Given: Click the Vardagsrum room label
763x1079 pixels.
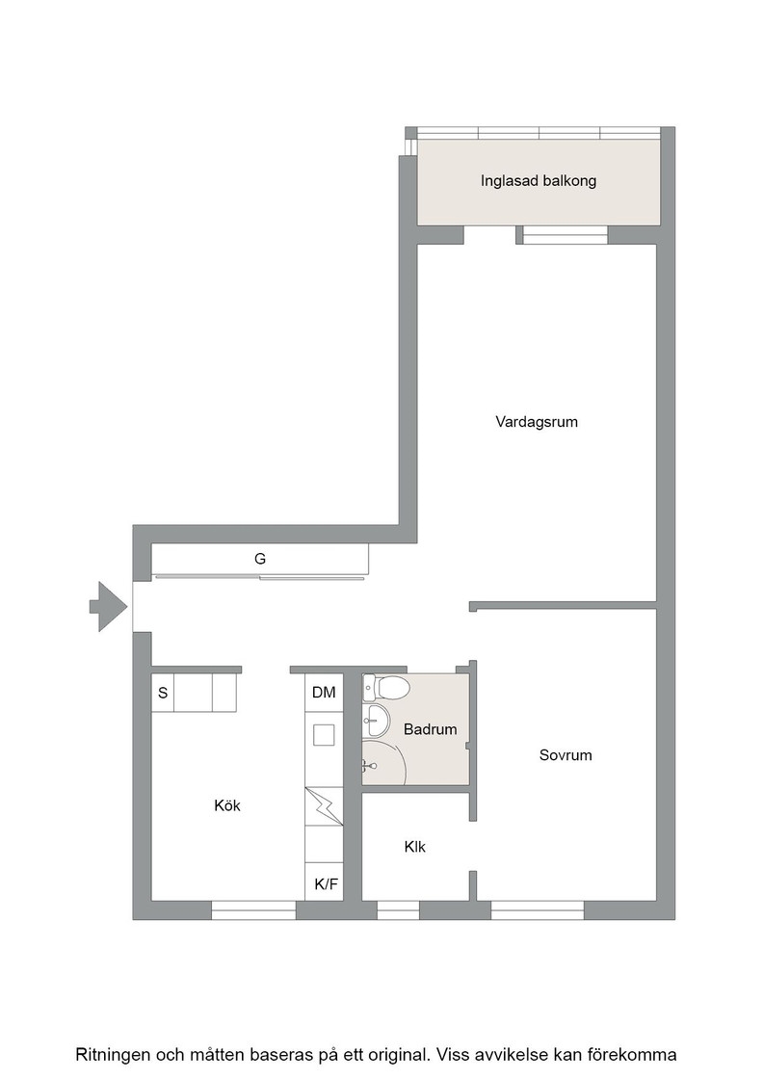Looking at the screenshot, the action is tap(537, 422).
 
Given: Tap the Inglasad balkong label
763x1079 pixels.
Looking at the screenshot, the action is tap(538, 181).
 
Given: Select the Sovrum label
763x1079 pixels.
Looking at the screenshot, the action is tap(566, 755).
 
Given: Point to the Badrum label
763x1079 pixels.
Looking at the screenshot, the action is tap(430, 729).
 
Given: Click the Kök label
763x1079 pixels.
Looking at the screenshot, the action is tap(227, 805).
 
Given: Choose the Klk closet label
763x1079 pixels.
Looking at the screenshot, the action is tap(415, 847).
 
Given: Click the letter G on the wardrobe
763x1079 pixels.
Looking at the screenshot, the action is tap(260, 559).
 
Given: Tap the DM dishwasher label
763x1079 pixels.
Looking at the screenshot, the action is tap(324, 693).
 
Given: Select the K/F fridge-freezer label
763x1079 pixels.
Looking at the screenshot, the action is tap(327, 884).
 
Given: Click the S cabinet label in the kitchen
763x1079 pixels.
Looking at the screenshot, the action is tap(163, 693).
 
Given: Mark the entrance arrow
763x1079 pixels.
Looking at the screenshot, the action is tap(108, 606).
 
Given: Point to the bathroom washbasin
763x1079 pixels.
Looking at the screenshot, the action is tap(376, 721).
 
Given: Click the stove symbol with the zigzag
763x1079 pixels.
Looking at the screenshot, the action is tap(324, 806).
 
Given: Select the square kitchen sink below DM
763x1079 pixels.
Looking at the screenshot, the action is tap(324, 735).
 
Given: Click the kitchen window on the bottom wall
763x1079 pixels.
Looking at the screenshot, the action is tap(253, 910).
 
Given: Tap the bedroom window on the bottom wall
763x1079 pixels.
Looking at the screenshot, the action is tap(538, 910).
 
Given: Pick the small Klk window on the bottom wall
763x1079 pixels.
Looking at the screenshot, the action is tap(398, 910).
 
